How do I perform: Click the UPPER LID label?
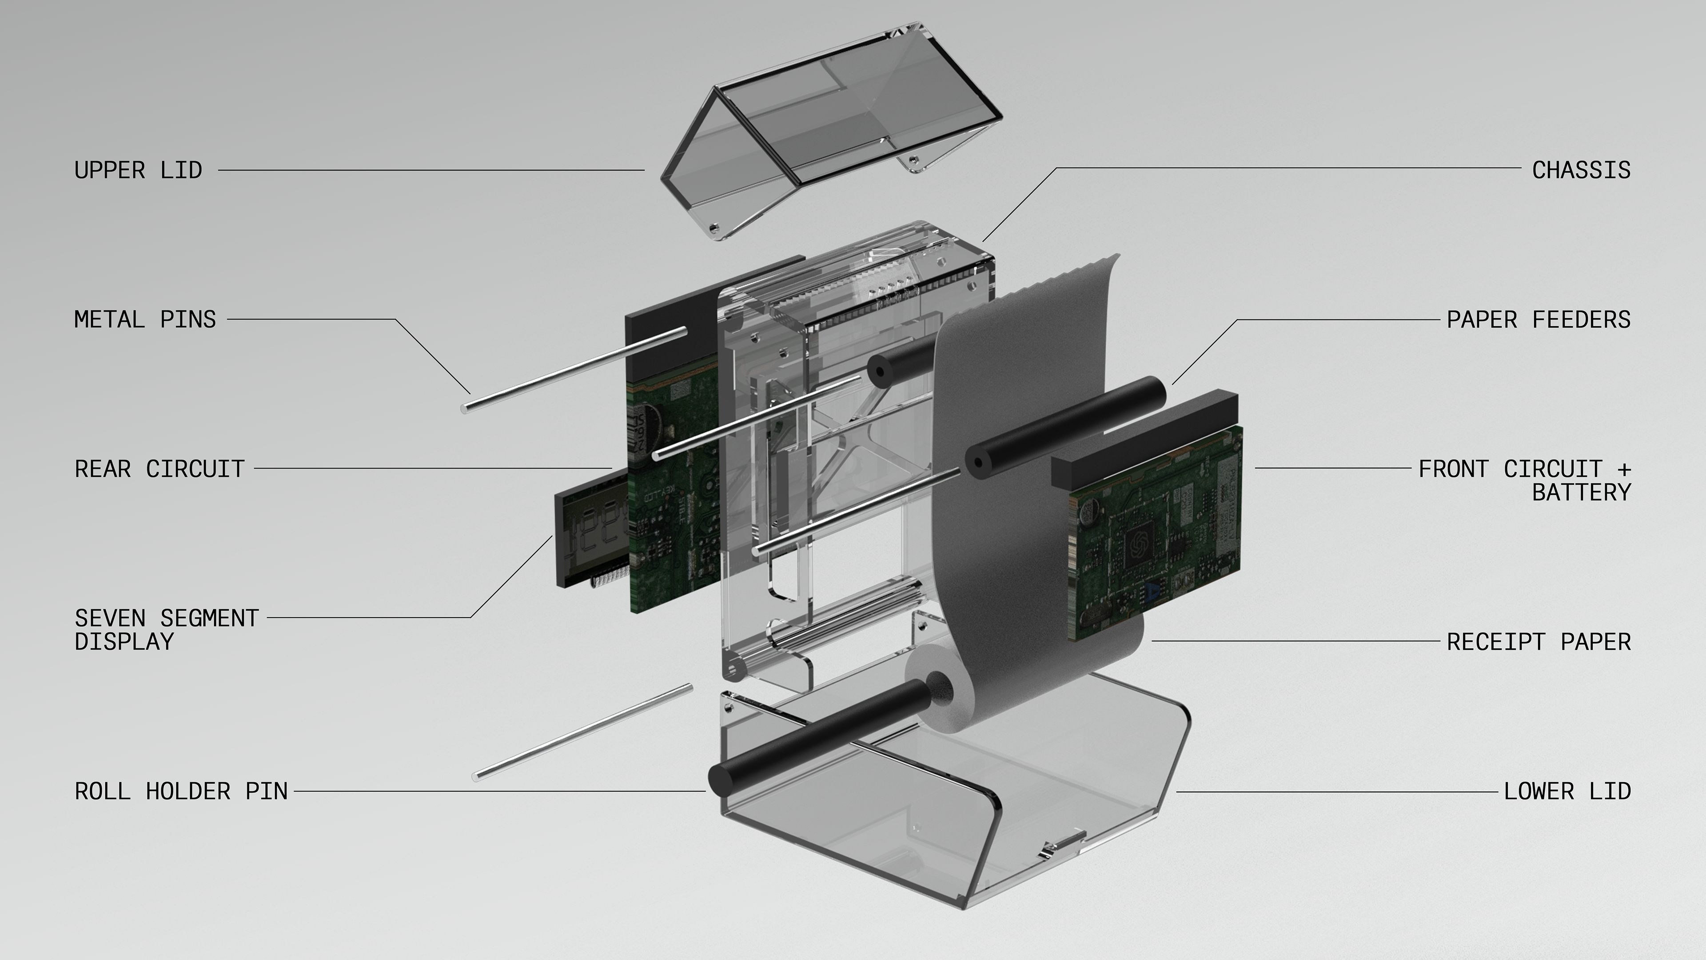click(x=138, y=170)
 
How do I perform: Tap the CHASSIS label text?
click(x=1582, y=170)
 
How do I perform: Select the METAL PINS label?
click(x=145, y=320)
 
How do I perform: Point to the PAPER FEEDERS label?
click(x=1539, y=320)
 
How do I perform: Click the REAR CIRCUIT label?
click(x=159, y=469)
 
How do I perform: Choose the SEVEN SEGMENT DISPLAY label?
click(x=166, y=629)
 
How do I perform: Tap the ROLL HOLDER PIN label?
click(x=181, y=791)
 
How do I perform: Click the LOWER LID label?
click(x=1567, y=791)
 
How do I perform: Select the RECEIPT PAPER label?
click(x=1539, y=642)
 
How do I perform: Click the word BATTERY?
click(x=1582, y=492)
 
